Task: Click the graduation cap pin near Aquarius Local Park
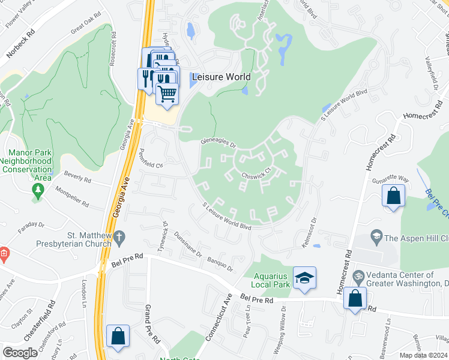(x=304, y=278)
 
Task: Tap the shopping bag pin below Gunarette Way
(x=393, y=196)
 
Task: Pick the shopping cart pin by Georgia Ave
(x=167, y=93)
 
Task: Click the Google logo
(x=20, y=352)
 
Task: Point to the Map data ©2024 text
(x=423, y=355)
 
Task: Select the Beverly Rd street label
(x=78, y=179)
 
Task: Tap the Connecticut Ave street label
(x=218, y=318)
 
